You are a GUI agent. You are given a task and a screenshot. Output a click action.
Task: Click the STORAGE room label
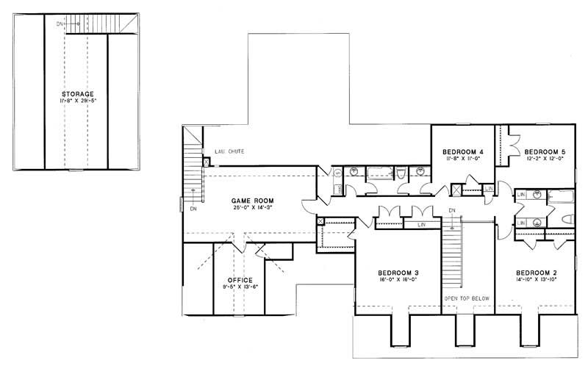(77, 95)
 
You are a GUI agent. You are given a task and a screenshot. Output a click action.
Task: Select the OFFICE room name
(240, 280)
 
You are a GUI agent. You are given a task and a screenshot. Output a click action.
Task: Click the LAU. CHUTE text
(229, 152)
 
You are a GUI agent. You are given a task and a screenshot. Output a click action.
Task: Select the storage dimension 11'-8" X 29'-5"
(77, 103)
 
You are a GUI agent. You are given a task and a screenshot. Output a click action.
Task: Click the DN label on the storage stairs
(60, 24)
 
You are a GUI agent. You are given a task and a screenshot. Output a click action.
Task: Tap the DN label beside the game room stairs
(193, 208)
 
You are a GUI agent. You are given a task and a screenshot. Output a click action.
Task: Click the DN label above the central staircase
(453, 211)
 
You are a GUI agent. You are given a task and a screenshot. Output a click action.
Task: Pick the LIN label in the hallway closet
(421, 224)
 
